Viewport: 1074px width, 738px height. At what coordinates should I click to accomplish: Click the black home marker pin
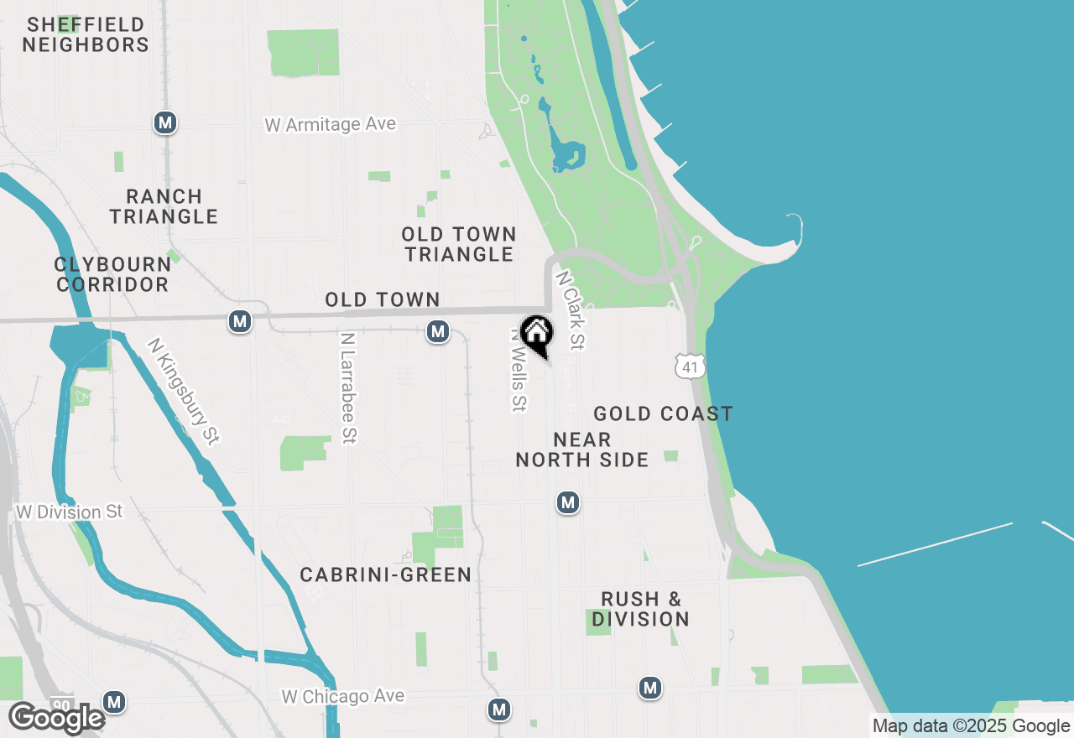click(537, 335)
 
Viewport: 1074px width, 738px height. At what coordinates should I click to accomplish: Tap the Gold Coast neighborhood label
click(663, 413)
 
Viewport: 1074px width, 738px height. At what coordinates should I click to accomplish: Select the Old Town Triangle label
click(458, 244)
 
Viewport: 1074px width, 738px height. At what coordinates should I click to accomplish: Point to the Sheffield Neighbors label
click(86, 35)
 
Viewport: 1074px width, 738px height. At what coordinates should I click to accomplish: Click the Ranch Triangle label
click(164, 206)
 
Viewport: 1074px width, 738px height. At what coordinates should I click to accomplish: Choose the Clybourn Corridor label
click(112, 274)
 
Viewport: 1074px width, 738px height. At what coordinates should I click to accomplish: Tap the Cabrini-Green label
click(386, 574)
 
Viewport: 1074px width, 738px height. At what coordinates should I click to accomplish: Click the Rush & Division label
click(640, 609)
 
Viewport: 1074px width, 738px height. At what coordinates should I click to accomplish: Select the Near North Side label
click(582, 450)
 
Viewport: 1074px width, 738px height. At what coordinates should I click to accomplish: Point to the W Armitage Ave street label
click(330, 125)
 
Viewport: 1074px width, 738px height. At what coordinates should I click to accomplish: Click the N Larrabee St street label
click(349, 387)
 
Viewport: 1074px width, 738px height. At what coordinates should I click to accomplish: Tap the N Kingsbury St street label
click(183, 392)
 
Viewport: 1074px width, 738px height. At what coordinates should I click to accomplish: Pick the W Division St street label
click(70, 512)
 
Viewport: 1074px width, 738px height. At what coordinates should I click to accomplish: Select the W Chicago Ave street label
click(342, 696)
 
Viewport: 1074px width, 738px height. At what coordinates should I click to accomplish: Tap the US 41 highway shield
click(688, 366)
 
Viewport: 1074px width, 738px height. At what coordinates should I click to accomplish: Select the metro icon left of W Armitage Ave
click(165, 123)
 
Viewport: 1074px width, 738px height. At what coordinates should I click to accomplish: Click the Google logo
click(55, 718)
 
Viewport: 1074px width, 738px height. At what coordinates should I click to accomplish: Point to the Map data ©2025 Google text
click(971, 726)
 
